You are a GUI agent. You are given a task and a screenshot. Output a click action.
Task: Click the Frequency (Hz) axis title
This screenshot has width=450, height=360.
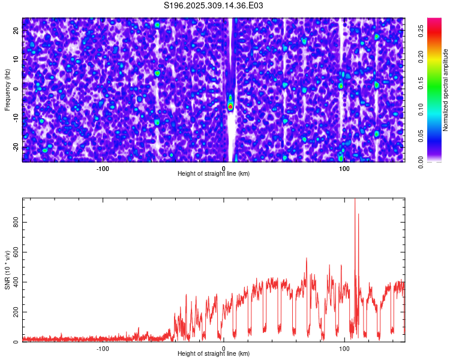(x=7, y=89)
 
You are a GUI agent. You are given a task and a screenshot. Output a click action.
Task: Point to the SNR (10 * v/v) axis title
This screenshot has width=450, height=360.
(x=7, y=270)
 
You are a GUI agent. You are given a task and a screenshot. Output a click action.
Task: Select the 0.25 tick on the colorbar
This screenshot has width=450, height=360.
(x=421, y=34)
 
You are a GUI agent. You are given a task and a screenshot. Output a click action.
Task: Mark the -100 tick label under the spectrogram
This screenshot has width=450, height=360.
(x=103, y=169)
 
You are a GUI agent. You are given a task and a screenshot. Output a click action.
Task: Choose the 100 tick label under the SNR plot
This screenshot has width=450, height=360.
(x=344, y=349)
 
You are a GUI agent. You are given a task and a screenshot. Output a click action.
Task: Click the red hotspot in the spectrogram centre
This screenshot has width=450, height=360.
(x=230, y=106)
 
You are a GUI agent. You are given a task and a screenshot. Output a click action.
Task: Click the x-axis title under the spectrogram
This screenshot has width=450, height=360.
(x=214, y=174)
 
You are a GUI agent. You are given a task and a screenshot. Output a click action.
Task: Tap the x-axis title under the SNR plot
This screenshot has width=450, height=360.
(x=214, y=354)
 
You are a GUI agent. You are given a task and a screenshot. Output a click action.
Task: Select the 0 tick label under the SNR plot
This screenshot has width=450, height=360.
(x=224, y=349)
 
